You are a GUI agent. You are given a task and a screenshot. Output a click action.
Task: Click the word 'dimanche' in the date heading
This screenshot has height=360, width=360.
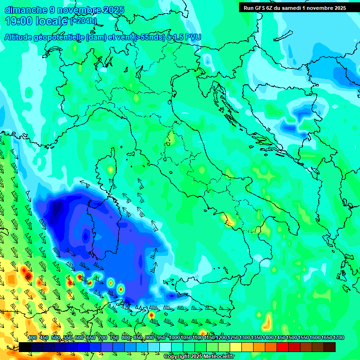[25, 10]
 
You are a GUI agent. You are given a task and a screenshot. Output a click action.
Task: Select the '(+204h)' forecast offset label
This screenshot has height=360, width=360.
[83, 21]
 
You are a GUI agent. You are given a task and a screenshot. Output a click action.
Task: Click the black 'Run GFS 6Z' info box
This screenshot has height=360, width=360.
[295, 7]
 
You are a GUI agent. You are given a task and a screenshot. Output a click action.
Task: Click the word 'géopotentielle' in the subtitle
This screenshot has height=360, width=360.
[58, 37]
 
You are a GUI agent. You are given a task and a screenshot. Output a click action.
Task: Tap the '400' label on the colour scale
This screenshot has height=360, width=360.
[32, 338]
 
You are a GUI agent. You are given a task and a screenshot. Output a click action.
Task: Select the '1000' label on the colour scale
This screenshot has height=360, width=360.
[174, 338]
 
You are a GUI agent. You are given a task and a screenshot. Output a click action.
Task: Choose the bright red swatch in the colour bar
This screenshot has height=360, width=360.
[283, 347]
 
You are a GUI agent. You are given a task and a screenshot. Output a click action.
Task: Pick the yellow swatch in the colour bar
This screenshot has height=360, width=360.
[236, 347]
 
